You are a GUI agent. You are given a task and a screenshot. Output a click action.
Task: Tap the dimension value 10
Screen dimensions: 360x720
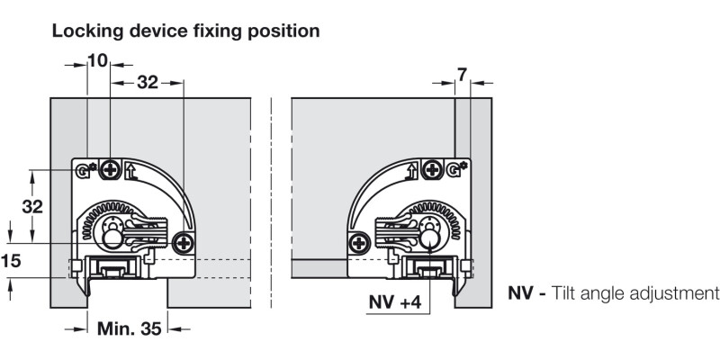click(x=97, y=60)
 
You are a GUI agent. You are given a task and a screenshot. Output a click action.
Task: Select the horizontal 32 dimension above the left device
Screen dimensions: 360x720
click(x=147, y=82)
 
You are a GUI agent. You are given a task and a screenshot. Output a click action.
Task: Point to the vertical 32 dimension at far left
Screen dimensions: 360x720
click(x=32, y=206)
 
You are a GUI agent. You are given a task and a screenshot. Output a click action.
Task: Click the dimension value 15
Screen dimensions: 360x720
click(x=11, y=261)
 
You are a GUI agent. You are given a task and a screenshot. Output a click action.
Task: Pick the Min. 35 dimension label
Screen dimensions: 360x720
click(x=129, y=328)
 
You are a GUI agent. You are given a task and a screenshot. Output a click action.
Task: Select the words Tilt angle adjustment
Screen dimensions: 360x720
click(x=636, y=293)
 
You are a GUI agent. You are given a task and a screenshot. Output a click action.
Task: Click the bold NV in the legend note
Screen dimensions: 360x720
click(x=522, y=293)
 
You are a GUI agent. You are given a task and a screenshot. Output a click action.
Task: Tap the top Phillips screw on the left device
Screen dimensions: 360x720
click(x=111, y=168)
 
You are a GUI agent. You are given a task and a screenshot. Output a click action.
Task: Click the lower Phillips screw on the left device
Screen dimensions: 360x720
click(x=184, y=240)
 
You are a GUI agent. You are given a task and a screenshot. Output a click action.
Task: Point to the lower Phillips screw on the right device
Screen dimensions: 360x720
click(x=359, y=241)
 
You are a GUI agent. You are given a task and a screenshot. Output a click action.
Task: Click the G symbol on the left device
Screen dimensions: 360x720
click(x=85, y=169)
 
